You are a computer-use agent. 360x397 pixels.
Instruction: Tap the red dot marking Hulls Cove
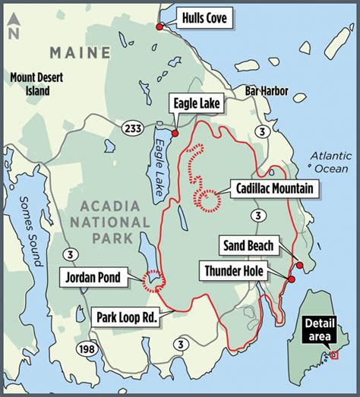[159, 27]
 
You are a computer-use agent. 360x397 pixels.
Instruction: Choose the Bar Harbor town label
[267, 90]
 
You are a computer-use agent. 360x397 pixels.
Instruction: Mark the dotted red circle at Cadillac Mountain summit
[207, 199]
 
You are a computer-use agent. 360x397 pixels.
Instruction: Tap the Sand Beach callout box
[248, 245]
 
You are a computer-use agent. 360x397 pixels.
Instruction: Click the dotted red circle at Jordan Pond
[153, 282]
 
